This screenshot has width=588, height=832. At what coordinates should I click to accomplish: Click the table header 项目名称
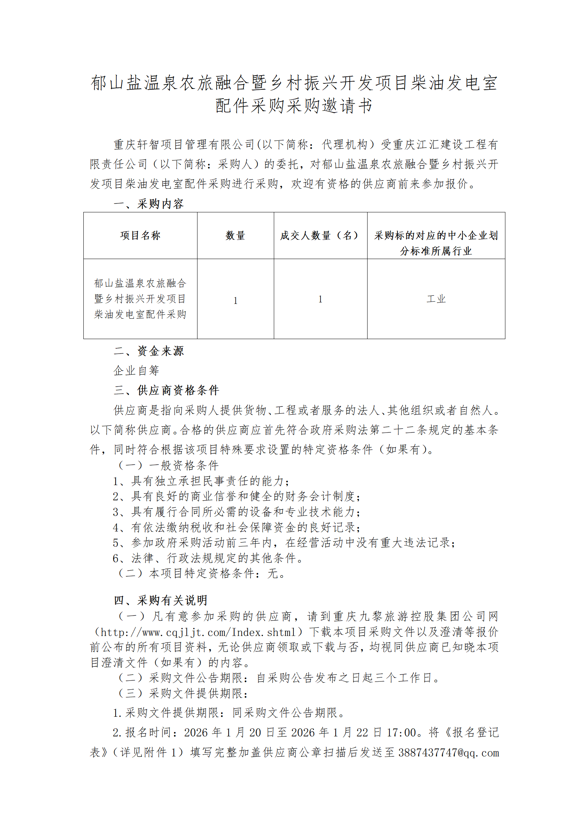(x=140, y=236)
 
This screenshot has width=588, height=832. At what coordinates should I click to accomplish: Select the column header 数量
(x=235, y=236)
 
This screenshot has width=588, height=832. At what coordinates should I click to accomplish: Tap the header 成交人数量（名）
(x=320, y=236)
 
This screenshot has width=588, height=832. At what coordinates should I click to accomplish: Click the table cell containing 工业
(x=436, y=299)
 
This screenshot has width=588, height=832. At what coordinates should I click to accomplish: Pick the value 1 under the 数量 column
(x=235, y=301)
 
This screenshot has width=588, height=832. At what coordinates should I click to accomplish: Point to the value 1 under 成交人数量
(x=320, y=299)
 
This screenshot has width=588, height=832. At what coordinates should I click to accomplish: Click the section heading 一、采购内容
(x=149, y=204)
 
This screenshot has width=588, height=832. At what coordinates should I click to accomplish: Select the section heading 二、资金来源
(x=149, y=351)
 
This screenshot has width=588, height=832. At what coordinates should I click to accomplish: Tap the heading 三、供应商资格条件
(x=166, y=390)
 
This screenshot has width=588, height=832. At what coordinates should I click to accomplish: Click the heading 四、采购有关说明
(x=160, y=600)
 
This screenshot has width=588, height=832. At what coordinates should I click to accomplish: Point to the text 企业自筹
(x=136, y=371)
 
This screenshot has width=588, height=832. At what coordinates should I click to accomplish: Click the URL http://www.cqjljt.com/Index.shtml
(x=198, y=632)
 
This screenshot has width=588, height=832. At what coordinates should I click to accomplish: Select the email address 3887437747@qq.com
(x=449, y=753)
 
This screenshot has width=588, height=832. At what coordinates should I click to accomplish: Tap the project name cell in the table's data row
(x=140, y=299)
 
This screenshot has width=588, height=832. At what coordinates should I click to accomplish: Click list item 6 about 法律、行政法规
(x=208, y=558)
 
